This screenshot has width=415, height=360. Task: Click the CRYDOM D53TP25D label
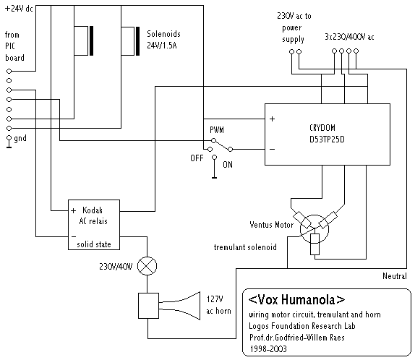click(x=327, y=134)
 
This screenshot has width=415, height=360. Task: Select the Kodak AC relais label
click(x=93, y=215)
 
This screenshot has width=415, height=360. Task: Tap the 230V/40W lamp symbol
click(x=147, y=266)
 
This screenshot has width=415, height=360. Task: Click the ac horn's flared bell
click(x=185, y=306)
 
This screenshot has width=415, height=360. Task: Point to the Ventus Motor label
click(x=272, y=225)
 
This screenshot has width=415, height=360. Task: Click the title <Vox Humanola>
click(x=296, y=300)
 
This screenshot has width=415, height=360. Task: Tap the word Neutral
click(x=394, y=276)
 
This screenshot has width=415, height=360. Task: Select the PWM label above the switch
click(x=217, y=129)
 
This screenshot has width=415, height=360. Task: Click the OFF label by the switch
click(x=197, y=158)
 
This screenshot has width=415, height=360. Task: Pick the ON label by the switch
click(x=228, y=165)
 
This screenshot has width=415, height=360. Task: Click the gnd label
click(x=20, y=139)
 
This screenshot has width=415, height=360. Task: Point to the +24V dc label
click(x=19, y=9)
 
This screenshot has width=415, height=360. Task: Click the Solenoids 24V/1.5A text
click(x=163, y=40)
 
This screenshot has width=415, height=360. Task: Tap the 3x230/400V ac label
click(x=349, y=37)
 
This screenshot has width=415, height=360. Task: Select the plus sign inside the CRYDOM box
click(x=272, y=119)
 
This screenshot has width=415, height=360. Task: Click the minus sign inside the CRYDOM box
click(x=272, y=150)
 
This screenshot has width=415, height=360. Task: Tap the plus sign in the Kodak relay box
click(x=73, y=210)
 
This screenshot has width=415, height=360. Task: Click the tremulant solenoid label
click(x=245, y=247)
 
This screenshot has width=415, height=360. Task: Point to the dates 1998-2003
click(x=268, y=349)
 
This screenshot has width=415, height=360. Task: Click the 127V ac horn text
click(x=218, y=305)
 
